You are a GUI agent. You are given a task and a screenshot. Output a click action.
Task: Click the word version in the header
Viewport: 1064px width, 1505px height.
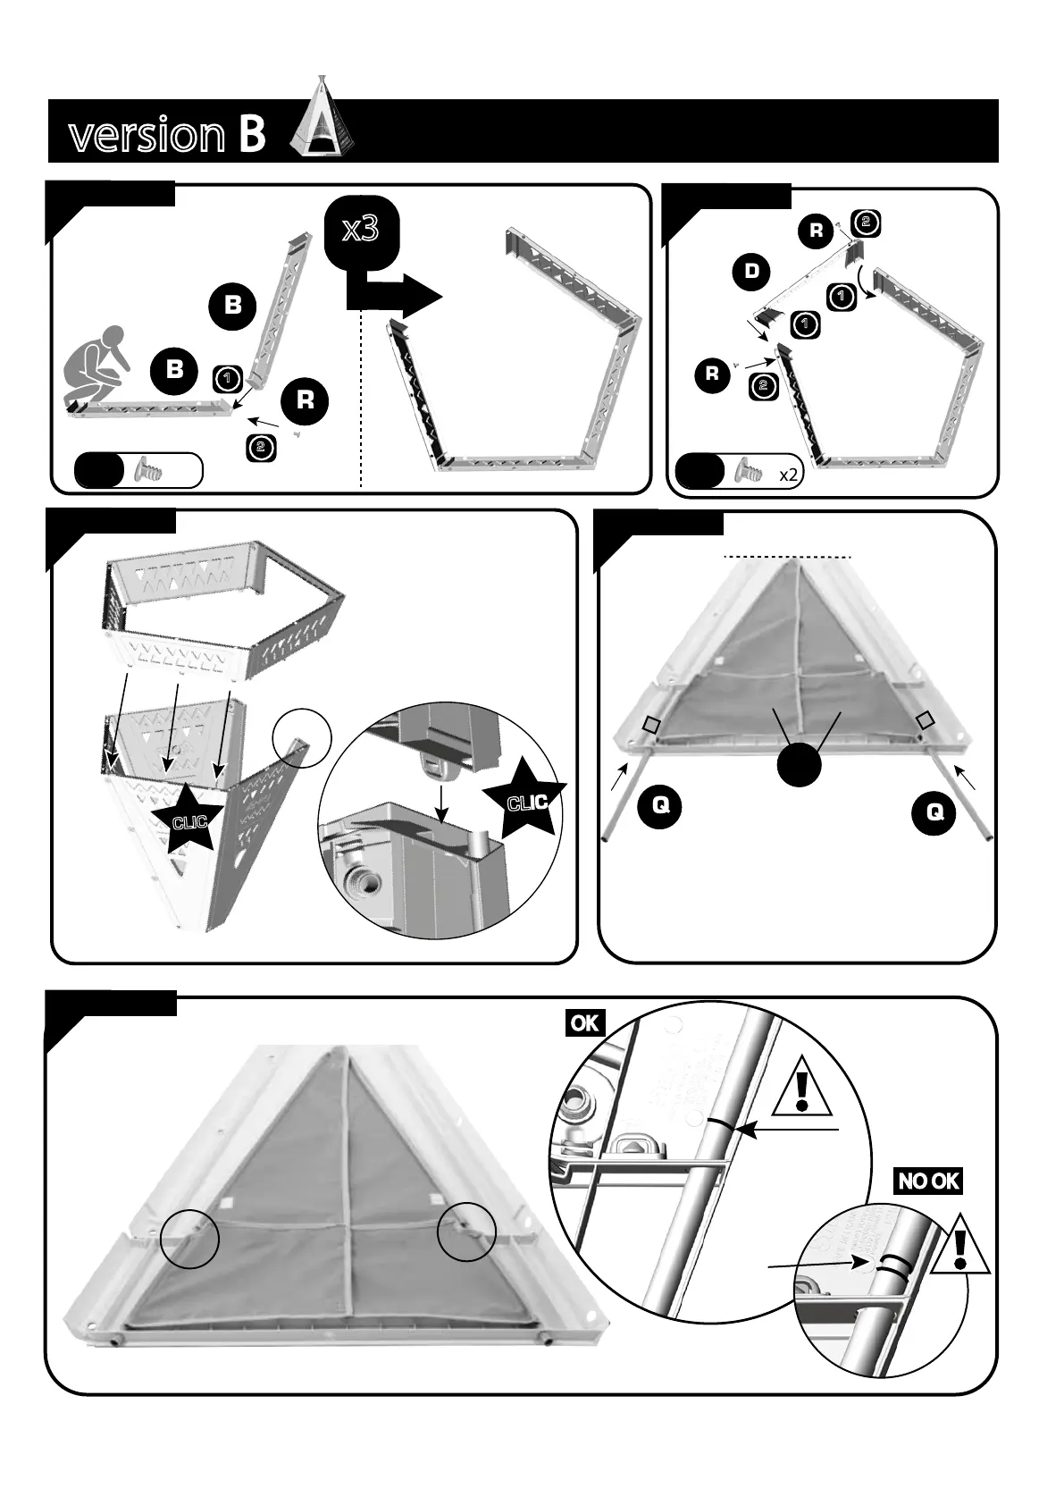(147, 135)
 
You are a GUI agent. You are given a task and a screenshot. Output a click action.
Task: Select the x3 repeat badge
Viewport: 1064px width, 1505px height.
(362, 231)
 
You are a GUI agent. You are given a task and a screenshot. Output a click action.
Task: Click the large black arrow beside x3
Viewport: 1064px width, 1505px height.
(394, 296)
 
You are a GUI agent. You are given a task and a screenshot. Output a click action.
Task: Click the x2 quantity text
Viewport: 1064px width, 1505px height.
(788, 475)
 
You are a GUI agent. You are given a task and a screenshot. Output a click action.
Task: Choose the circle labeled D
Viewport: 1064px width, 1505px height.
(751, 272)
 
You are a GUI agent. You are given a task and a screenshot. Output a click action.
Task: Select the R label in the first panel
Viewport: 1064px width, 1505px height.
(305, 401)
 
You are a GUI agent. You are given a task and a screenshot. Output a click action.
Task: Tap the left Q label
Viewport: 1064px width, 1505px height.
(660, 806)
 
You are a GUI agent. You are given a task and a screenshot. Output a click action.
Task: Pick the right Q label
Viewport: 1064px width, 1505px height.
(934, 813)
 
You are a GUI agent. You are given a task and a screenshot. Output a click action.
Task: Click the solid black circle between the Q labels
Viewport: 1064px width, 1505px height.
(800, 764)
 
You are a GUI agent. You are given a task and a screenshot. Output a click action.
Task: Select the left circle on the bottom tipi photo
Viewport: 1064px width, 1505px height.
(190, 1239)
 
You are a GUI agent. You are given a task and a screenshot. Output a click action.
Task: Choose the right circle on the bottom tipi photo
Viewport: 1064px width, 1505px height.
(466, 1232)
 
